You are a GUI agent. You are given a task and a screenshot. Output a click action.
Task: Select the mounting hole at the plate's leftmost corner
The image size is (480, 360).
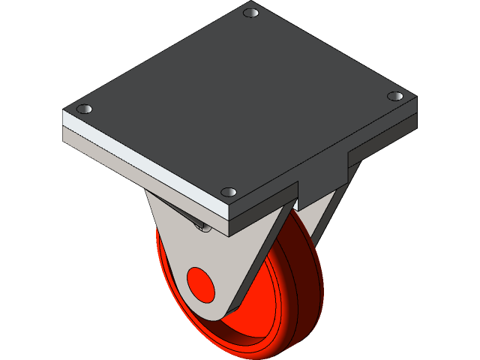pyautogui.click(x=85, y=109)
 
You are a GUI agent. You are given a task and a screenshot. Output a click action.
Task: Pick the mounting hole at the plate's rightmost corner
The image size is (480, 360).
pyautogui.click(x=394, y=96)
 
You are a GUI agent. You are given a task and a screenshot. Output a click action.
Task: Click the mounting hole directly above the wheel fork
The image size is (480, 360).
pyautogui.click(x=229, y=192)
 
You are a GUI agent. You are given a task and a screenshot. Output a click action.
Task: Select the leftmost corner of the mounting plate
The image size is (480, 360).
pyautogui.click(x=63, y=112)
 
